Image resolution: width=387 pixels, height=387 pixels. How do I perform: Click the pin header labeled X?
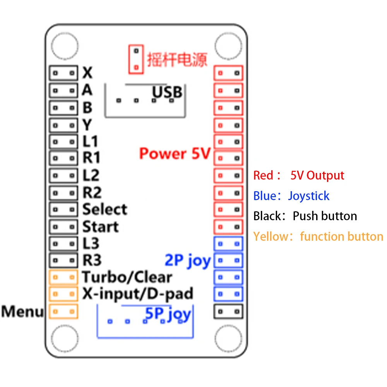click(63, 73)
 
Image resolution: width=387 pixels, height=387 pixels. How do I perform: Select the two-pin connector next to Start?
click(63, 226)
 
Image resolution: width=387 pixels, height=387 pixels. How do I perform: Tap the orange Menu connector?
click(63, 312)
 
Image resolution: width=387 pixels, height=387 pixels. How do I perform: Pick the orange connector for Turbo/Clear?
click(63, 277)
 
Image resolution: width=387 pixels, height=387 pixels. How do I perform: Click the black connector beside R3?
click(63, 260)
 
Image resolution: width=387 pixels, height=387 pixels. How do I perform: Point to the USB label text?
click(167, 92)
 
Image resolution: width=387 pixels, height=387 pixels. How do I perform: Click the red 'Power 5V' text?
click(175, 154)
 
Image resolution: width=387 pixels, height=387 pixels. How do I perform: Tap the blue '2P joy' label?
click(188, 261)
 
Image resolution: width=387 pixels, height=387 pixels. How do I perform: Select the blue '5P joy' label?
click(168, 313)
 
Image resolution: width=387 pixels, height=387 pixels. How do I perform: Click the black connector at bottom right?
click(228, 311)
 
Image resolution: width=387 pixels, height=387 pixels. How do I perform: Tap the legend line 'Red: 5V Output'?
click(298, 175)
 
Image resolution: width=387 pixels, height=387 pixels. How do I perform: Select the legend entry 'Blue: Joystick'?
click(291, 196)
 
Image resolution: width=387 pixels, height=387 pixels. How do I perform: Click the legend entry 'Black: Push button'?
click(305, 216)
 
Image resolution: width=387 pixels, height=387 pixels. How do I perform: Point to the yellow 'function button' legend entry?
click(318, 236)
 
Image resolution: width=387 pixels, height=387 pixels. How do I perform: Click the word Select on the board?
click(104, 209)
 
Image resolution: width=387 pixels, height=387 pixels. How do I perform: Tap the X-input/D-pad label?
click(137, 294)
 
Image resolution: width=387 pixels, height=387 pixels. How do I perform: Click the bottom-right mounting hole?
click(228, 337)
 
